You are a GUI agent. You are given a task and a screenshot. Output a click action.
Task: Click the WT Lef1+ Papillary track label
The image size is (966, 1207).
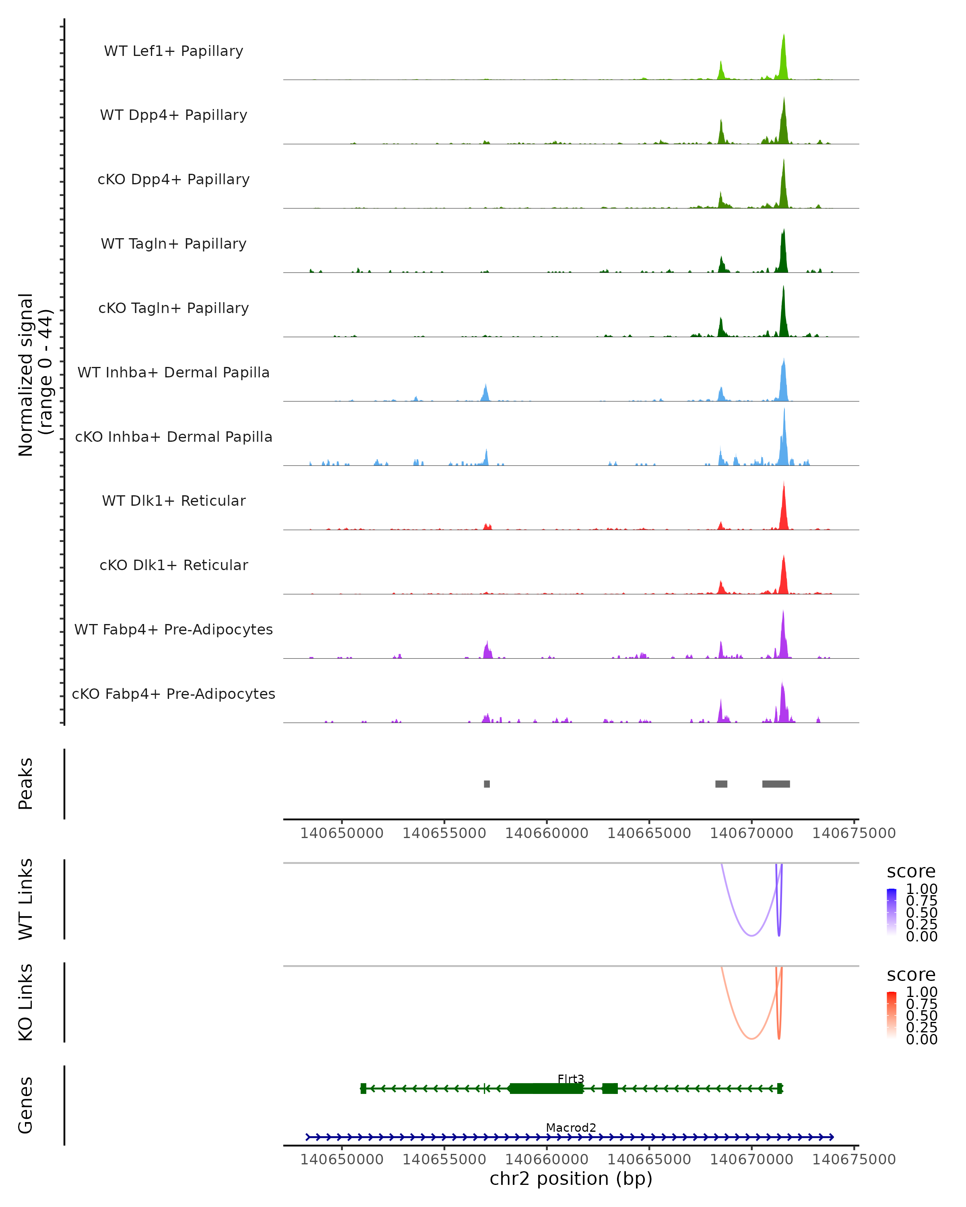[x=173, y=51]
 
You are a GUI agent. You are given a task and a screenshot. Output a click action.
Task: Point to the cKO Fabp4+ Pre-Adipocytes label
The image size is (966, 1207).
[x=173, y=694]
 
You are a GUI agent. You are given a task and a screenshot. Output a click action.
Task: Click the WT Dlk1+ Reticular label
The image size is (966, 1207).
[x=173, y=501]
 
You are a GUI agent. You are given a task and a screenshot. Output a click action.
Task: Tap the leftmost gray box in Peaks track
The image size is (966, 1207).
[x=487, y=784]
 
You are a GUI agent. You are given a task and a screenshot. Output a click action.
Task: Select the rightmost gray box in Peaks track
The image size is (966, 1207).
[x=776, y=784]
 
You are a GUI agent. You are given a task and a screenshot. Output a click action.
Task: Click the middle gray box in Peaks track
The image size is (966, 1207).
[x=721, y=784]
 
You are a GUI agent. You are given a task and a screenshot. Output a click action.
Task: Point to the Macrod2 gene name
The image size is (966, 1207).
[x=571, y=1127]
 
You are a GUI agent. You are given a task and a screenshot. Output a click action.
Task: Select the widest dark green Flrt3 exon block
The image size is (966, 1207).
[x=547, y=1088]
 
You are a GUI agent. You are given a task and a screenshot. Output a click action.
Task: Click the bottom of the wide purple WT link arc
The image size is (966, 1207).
[x=751, y=935]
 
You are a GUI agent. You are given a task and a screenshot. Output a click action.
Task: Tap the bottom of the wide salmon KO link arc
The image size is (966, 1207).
[x=751, y=1038]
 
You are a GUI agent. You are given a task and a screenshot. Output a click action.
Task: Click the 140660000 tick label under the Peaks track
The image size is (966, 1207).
[x=547, y=833]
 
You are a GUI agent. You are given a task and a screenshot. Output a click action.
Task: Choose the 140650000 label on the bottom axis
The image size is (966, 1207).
[x=342, y=1160]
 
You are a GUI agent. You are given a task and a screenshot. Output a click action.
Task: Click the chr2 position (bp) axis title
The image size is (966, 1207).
[x=571, y=1179]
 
